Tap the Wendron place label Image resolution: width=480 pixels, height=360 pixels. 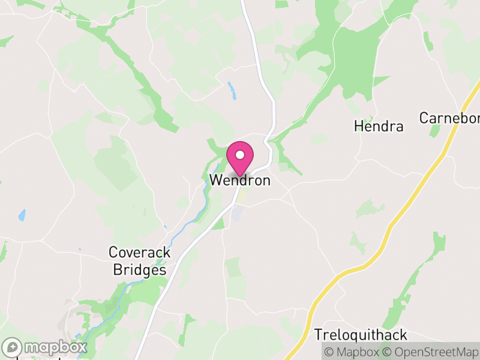tap(240, 181)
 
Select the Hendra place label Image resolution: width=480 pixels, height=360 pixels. tap(379, 127)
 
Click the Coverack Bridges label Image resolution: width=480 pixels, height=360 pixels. tap(140, 262)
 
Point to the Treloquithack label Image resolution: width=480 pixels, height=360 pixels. tap(361, 335)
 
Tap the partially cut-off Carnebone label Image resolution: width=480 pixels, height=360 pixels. tap(449, 118)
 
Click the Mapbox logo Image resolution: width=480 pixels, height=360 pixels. tap(45, 347)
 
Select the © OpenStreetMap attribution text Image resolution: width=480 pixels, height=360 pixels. tap(431, 352)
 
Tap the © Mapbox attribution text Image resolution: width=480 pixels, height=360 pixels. tap(352, 352)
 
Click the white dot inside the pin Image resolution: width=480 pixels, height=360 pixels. tap(240, 155)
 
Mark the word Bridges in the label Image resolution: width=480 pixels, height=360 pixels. tap(140, 270)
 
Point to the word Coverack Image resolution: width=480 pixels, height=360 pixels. tap(140, 253)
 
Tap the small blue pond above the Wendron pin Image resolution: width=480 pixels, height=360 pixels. tap(233, 90)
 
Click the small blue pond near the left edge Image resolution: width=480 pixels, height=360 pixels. tap(22, 215)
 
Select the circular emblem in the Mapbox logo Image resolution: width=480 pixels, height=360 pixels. tap(12, 347)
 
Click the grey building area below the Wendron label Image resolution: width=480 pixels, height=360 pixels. tap(238, 212)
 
